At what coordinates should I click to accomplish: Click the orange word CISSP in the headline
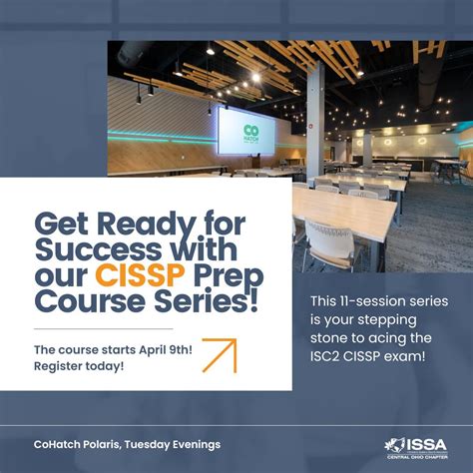pyautogui.click(x=136, y=272)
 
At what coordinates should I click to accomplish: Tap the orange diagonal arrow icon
pyautogui.click(x=219, y=355)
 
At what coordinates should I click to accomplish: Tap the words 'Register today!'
pyautogui.click(x=79, y=366)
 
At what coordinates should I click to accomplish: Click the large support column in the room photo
pyautogui.click(x=314, y=120)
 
